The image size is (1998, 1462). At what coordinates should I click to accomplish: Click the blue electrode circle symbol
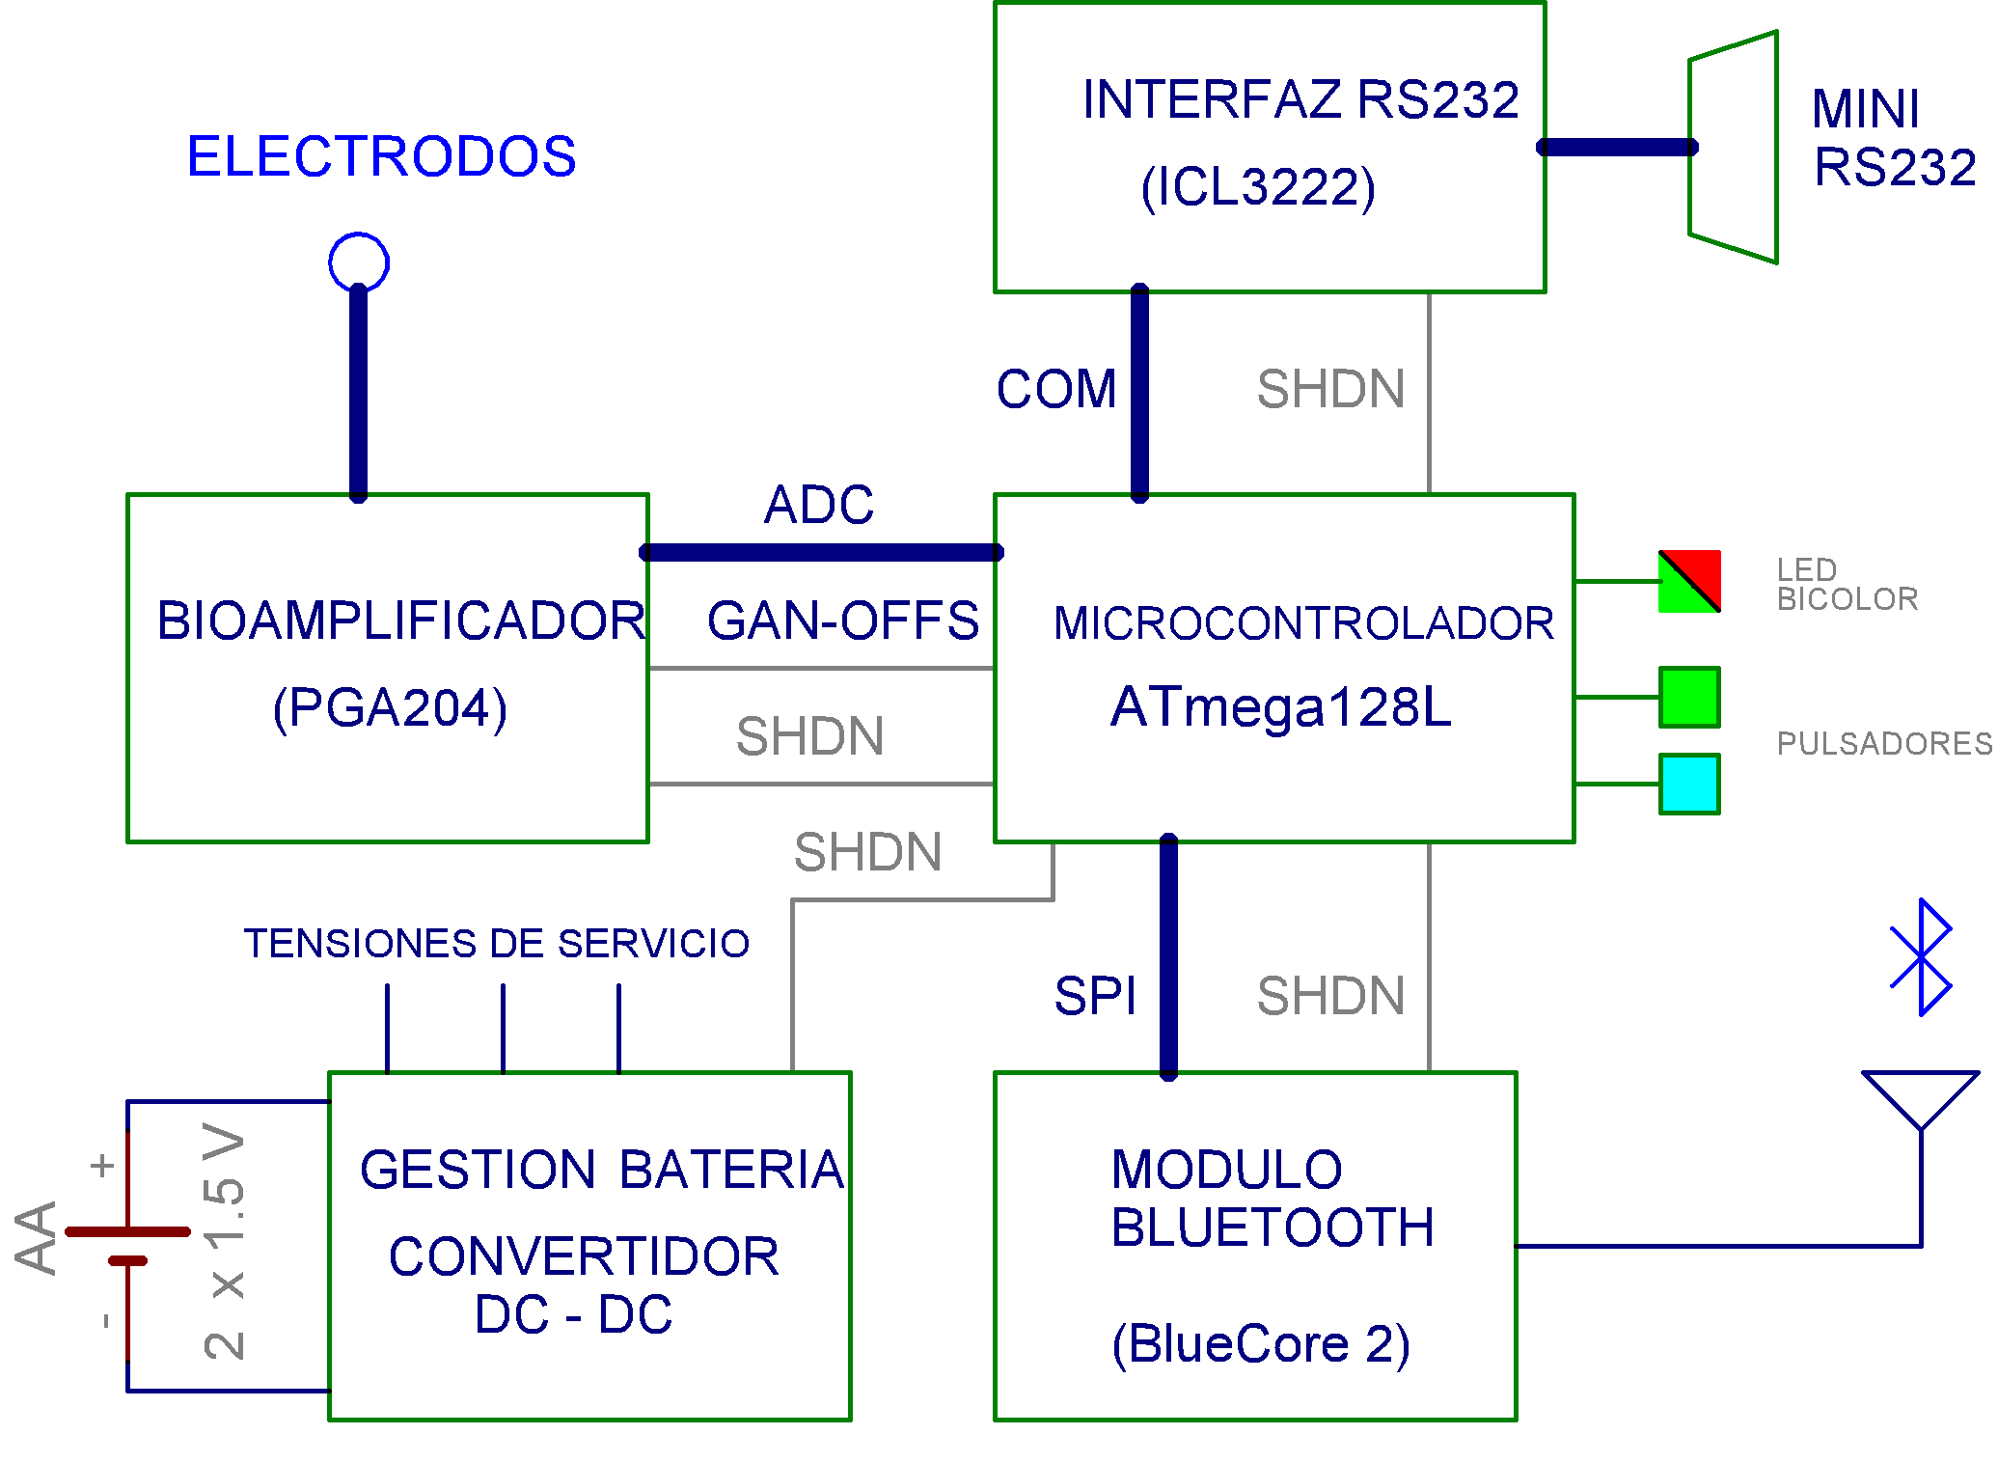(359, 262)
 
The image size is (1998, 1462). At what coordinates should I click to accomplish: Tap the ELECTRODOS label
(381, 156)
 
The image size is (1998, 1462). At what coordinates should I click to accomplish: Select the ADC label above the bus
(819, 505)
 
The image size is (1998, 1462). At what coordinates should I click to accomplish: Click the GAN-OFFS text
(842, 621)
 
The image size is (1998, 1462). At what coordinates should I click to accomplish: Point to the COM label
(1056, 390)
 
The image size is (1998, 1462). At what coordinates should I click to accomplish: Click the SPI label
(1095, 996)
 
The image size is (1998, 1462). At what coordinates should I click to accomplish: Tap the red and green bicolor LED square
(1689, 582)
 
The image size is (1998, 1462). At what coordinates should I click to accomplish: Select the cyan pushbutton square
(1689, 784)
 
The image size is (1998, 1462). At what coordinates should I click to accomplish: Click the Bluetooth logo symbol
(1921, 957)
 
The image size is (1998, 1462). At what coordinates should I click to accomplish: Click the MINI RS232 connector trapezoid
(1734, 147)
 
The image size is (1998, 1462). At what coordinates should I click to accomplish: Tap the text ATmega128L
(1281, 707)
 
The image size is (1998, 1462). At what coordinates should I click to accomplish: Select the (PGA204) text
(390, 708)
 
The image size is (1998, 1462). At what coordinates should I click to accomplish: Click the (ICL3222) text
(1258, 187)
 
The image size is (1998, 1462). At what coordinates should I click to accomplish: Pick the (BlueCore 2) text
(1260, 1344)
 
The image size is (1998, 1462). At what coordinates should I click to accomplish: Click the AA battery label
(37, 1238)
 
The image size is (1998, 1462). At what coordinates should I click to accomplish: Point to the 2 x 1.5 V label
(225, 1241)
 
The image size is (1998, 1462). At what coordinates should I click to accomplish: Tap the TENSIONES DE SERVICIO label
(497, 944)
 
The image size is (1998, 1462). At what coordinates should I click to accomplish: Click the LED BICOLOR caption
(1847, 585)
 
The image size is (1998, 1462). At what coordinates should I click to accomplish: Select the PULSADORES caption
(1884, 744)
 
